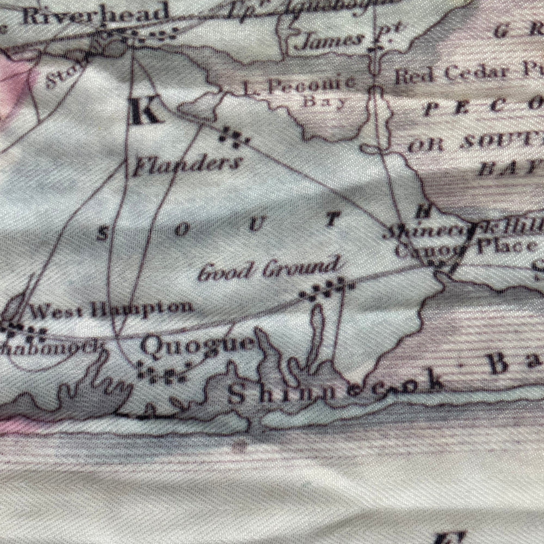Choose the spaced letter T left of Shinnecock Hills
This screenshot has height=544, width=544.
332,219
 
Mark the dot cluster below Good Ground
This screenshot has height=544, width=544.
327,289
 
